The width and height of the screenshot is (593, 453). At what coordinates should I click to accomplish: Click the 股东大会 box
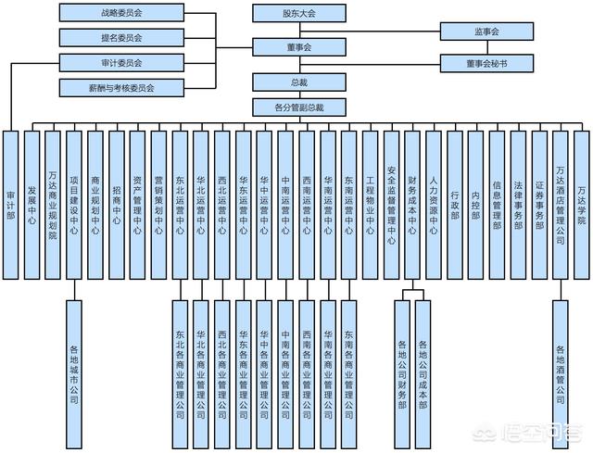click(299, 14)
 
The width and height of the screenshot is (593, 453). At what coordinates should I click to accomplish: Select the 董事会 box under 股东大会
click(299, 46)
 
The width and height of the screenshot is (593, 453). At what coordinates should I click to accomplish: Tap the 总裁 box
click(299, 83)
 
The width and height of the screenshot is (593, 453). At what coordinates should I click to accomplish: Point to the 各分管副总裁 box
click(299, 107)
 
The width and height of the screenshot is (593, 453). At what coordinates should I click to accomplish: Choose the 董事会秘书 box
click(486, 64)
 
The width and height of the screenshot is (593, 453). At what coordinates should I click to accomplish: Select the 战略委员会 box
click(120, 14)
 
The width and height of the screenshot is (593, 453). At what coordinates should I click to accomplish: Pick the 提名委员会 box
click(120, 38)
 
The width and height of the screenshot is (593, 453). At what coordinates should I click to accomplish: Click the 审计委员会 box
click(120, 63)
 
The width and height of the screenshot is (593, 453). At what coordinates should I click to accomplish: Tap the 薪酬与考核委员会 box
click(120, 88)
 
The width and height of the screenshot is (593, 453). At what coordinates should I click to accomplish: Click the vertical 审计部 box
click(10, 204)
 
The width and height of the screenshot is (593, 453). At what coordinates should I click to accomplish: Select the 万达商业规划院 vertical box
click(53, 204)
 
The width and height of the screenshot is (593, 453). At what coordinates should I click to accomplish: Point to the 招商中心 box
click(117, 204)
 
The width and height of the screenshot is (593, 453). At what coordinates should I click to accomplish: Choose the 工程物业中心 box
click(370, 204)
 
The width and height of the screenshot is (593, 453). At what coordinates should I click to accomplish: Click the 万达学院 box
click(581, 204)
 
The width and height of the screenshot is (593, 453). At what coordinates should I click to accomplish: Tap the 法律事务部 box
click(518, 204)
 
